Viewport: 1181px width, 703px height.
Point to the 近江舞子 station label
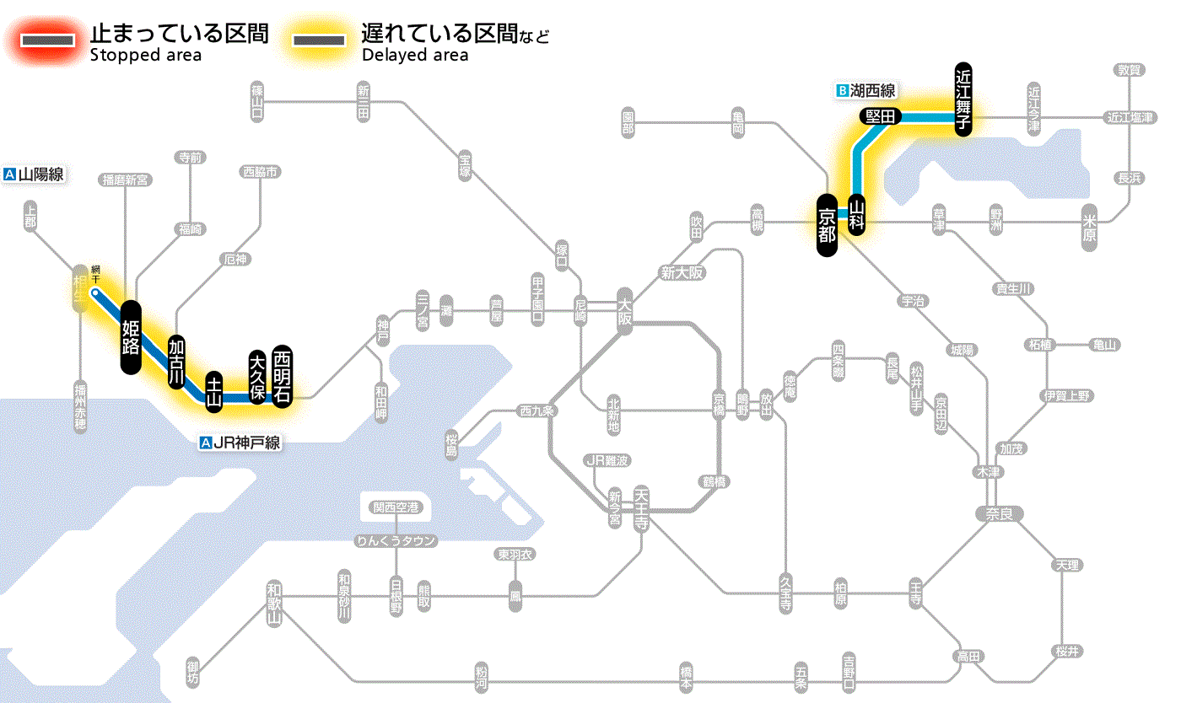(x=963, y=99)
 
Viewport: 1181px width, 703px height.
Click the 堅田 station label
(x=880, y=116)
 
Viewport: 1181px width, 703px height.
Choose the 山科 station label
(x=857, y=214)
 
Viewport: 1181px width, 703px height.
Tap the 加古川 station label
(x=176, y=362)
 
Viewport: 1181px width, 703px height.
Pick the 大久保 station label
(x=257, y=377)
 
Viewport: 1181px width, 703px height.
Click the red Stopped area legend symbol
(x=50, y=40)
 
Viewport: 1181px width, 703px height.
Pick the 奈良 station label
(x=999, y=513)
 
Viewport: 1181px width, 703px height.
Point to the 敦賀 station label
(x=1130, y=70)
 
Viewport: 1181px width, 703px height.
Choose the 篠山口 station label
(x=257, y=100)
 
